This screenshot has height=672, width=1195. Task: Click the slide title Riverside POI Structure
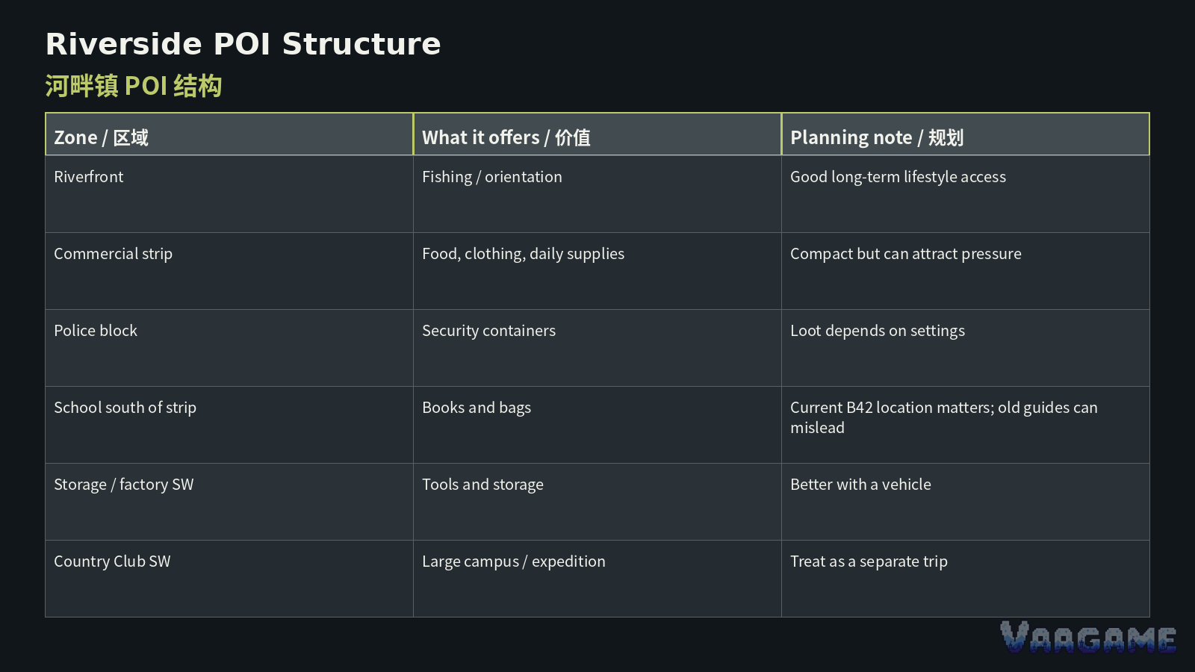click(x=243, y=44)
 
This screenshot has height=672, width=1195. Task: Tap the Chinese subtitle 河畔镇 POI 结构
click(x=134, y=86)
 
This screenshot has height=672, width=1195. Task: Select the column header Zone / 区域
click(x=101, y=137)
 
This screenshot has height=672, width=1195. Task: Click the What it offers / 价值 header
click(x=506, y=137)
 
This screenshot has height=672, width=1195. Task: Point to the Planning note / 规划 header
click(x=877, y=137)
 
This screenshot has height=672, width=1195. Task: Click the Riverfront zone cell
click(x=89, y=176)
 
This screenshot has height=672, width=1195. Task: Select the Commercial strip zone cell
click(x=113, y=254)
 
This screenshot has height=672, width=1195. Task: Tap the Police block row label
click(x=96, y=331)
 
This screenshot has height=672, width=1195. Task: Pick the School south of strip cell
click(x=125, y=408)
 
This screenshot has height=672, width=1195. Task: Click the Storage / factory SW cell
click(x=124, y=485)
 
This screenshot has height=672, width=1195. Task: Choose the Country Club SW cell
click(x=112, y=561)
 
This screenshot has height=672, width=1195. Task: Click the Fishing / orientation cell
click(x=492, y=177)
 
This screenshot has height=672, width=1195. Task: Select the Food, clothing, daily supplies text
click(x=523, y=254)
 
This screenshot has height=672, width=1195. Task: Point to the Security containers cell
click(x=488, y=331)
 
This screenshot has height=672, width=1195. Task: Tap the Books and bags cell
click(x=477, y=408)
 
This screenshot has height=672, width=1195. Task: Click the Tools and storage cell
click(x=482, y=485)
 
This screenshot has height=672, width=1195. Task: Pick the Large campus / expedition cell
click(x=514, y=561)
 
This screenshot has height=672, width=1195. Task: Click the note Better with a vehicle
click(x=860, y=485)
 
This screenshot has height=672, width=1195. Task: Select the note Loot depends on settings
click(x=878, y=331)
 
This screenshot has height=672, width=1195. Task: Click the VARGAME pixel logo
click(x=1088, y=637)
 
